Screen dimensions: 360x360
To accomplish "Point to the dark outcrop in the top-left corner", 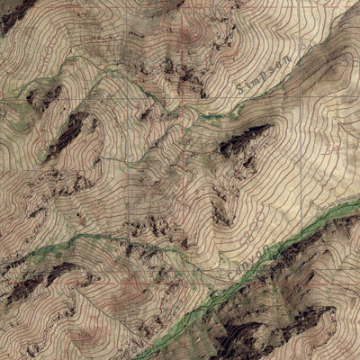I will tap(13, 13).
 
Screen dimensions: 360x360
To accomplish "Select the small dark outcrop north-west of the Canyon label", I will tap(220, 212).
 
